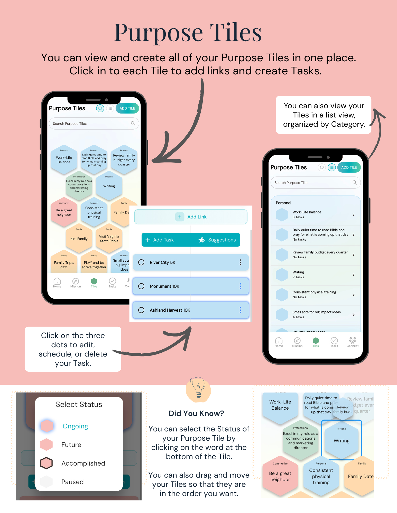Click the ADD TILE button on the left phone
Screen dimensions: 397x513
click(127, 108)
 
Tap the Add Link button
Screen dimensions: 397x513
click(191, 217)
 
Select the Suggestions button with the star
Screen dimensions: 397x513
click(217, 240)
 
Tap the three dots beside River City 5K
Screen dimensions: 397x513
click(240, 262)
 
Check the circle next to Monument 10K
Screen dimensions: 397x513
click(141, 286)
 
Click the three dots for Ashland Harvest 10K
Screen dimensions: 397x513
click(240, 310)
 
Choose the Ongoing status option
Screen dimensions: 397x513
click(75, 426)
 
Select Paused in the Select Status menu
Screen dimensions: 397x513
click(72, 482)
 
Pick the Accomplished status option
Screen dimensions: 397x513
click(83, 463)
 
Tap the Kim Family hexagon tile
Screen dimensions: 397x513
click(79, 239)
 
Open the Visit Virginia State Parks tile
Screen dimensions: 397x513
click(109, 239)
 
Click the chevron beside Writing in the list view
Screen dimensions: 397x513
click(354, 275)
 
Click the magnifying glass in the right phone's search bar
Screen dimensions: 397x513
click(355, 182)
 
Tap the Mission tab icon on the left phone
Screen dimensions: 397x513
click(76, 281)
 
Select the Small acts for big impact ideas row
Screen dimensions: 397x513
click(316, 314)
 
